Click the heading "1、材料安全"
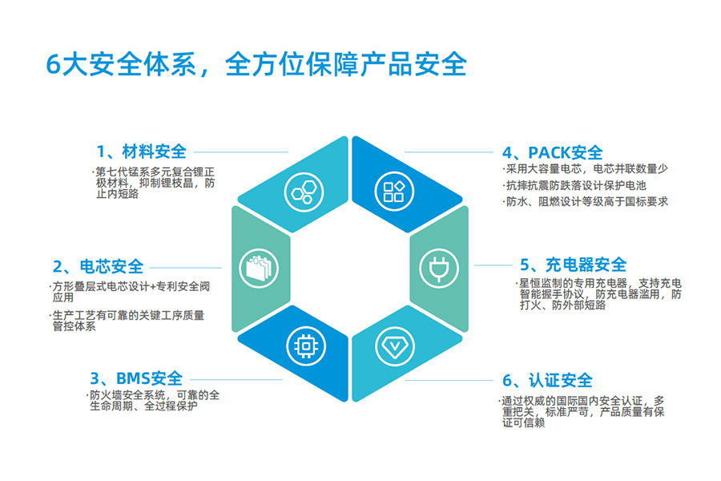[x=141, y=152]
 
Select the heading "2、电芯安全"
[x=98, y=266]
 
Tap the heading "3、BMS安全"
[x=136, y=379]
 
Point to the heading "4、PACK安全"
[x=552, y=152]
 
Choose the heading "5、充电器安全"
[x=573, y=265]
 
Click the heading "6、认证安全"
[x=547, y=381]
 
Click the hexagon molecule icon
[x=304, y=192]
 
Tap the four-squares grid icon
[x=394, y=192]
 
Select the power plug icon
[x=439, y=269]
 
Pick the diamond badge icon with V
[x=394, y=346]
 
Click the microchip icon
[x=306, y=346]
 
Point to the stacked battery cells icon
[x=259, y=269]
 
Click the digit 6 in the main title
[x=54, y=64]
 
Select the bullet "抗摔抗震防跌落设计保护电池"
[x=574, y=185]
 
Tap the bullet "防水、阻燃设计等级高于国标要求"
[x=585, y=201]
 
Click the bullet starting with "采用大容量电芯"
[x=585, y=169]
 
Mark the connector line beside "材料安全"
[x=241, y=152]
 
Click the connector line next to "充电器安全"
[x=493, y=265]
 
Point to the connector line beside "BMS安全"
[x=236, y=380]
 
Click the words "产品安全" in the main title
[x=413, y=64]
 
